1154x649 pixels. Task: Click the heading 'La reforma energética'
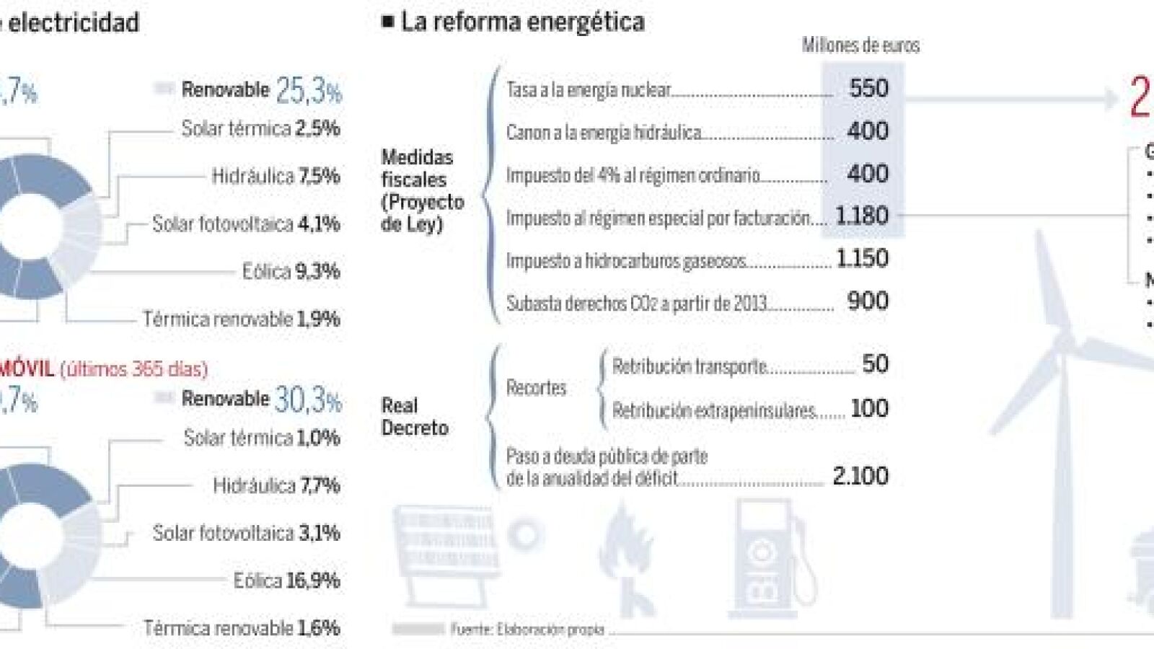[522, 22]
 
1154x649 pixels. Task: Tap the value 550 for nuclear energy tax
[868, 88]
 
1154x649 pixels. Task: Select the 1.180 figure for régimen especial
[862, 216]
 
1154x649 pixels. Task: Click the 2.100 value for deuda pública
[860, 476]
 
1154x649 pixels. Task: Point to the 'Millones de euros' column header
[860, 46]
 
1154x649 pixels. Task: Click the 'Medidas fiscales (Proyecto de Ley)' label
[422, 190]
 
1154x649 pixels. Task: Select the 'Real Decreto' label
[415, 416]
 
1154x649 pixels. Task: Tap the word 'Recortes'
[536, 388]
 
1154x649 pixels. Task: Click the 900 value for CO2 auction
[868, 301]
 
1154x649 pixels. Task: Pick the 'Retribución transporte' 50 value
[875, 364]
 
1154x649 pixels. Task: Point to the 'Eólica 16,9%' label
[286, 580]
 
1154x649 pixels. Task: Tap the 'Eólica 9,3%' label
[291, 272]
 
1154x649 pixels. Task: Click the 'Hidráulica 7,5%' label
[276, 176]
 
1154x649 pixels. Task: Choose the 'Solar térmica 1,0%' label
[261, 438]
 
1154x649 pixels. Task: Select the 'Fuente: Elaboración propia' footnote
[527, 630]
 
